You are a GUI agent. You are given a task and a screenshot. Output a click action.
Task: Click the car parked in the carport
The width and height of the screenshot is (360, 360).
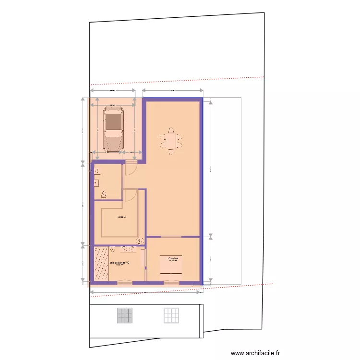[113, 129]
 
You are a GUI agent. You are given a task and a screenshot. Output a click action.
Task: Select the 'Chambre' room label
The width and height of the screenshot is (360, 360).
[173, 258]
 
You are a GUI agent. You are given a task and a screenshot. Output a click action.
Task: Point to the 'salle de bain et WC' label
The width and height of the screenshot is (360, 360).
[120, 263]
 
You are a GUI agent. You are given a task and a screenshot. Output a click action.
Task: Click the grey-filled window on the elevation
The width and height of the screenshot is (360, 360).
[124, 315]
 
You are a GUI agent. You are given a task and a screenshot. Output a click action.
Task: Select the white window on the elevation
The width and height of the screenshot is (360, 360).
[171, 315]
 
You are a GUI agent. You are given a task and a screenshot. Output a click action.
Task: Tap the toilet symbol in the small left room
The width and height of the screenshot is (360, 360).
[104, 194]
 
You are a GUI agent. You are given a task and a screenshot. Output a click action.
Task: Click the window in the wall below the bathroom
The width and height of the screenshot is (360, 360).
[124, 283]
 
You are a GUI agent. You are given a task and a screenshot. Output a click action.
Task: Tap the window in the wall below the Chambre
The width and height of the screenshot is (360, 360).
[171, 283]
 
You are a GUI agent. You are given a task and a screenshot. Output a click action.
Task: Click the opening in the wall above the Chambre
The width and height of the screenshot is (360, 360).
[171, 237]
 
